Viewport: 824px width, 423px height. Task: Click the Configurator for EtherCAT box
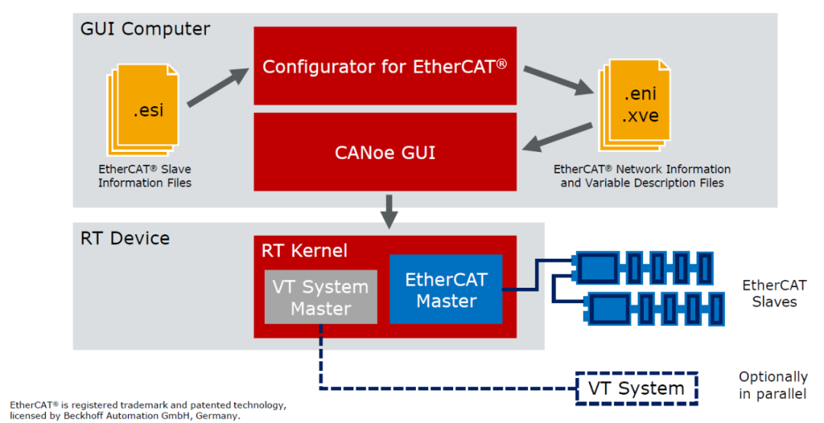(x=385, y=66)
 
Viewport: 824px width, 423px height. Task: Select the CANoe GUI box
(x=385, y=152)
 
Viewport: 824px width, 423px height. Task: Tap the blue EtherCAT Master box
(x=446, y=289)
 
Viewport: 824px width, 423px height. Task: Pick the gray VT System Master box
(x=320, y=298)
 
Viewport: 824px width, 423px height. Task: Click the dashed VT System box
(x=636, y=388)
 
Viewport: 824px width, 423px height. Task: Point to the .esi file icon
(x=146, y=108)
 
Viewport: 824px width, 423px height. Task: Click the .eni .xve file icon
(x=636, y=105)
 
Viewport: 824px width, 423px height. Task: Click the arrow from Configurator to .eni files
(x=558, y=81)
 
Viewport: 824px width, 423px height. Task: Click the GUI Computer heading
(x=145, y=30)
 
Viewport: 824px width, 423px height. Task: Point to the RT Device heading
(x=125, y=238)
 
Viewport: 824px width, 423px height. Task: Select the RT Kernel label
(x=304, y=250)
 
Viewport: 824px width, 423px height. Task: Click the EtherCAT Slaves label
(x=774, y=294)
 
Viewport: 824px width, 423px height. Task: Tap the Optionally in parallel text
(x=772, y=386)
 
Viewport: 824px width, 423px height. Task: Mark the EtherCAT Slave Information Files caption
(x=144, y=176)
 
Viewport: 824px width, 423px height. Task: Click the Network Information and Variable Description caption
(x=642, y=176)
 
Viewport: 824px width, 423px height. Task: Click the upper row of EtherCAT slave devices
(x=645, y=267)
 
